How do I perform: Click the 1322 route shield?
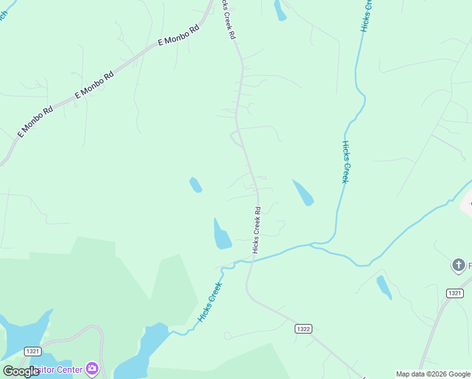(304, 329)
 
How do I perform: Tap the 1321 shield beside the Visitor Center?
(33, 351)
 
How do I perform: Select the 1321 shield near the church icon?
(454, 293)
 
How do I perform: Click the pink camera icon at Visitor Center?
(92, 368)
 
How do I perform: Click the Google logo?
(21, 371)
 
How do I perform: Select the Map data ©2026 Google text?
(434, 374)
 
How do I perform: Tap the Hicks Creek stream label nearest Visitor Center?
(210, 302)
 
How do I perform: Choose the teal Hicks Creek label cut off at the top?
(367, 15)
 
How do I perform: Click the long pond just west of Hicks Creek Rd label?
(221, 234)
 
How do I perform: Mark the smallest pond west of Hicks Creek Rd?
(196, 184)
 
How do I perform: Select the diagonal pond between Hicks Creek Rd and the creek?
(303, 193)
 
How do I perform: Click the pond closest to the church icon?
(384, 287)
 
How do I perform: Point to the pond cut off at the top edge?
(280, 9)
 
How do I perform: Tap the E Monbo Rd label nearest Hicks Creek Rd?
(178, 36)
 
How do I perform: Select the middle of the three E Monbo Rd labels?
(95, 84)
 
